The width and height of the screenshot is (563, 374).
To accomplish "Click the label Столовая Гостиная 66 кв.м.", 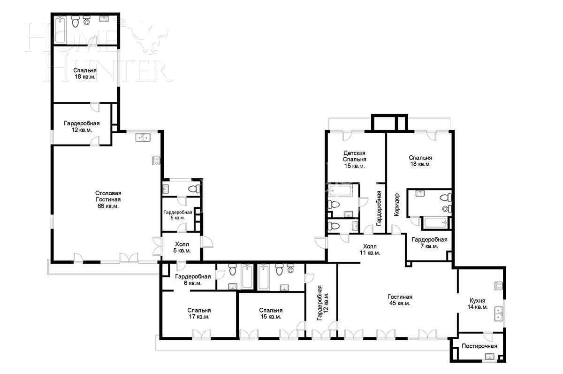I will click(x=108, y=199).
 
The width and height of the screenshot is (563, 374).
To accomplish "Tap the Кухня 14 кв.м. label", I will click(x=478, y=304).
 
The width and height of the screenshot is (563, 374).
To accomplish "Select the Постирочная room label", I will click(x=479, y=346).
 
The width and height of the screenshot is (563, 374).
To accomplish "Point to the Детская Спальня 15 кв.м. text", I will click(x=354, y=159).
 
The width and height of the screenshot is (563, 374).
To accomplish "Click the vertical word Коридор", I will click(x=397, y=205).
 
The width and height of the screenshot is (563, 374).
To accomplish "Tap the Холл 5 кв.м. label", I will click(x=182, y=247).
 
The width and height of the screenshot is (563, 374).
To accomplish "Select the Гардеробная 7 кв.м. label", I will click(x=429, y=243).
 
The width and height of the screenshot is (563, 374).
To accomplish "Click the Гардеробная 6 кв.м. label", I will click(x=195, y=280).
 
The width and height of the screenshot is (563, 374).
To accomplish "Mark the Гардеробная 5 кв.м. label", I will click(x=177, y=215).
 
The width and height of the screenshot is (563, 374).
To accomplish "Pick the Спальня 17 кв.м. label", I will click(x=199, y=313).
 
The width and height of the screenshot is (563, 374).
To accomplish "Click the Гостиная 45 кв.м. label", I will click(x=400, y=300).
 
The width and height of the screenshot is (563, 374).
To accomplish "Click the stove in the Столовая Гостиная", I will click(x=156, y=160).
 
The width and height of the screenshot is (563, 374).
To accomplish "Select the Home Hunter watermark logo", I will click(x=99, y=52).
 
